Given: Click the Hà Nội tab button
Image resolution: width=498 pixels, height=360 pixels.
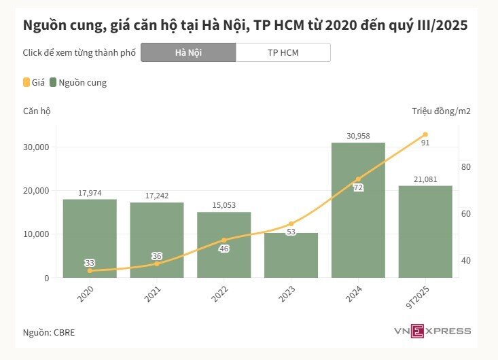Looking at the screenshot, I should pos(188,52).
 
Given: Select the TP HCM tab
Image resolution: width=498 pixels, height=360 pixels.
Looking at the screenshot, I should pos(283,52).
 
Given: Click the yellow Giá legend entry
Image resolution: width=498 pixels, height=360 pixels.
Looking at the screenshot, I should pos(34,83).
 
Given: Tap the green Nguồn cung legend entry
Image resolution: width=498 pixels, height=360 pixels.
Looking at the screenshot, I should pos(78,83).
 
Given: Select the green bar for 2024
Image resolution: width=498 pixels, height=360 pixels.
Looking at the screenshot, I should pos(358,211).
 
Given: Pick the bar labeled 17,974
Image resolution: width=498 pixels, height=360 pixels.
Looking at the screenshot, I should pos(90,238).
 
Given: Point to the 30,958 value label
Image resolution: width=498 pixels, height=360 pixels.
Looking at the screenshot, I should pos(358,136).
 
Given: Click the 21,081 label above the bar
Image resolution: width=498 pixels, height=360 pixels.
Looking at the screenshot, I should pos(425,179).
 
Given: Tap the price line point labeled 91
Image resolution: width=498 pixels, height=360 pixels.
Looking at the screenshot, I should pos(425,134).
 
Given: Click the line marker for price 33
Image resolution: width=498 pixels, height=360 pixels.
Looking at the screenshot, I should pos(90,270).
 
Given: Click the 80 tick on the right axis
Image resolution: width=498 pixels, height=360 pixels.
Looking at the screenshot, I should pos(466,167).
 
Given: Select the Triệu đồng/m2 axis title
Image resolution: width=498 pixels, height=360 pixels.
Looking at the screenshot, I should pos(441,111).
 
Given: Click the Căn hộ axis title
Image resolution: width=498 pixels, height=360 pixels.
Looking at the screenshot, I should pos(37,111).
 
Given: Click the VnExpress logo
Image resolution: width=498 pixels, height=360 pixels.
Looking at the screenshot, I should pos(431,331).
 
